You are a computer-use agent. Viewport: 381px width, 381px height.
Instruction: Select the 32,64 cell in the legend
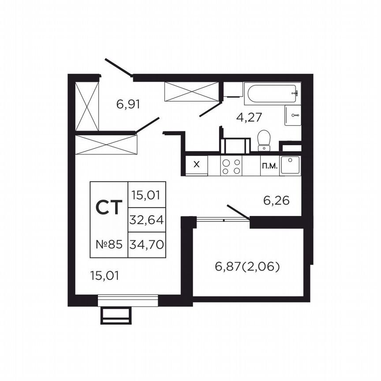pyautogui.click(x=146, y=220)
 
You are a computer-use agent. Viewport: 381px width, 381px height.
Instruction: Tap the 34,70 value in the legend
pyautogui.click(x=146, y=243)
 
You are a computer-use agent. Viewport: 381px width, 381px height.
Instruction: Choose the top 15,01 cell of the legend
pyautogui.click(x=146, y=194)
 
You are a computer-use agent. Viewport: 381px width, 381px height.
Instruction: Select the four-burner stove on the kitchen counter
pyautogui.click(x=232, y=166)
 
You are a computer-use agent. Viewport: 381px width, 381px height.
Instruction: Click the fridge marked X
pyautogui.click(x=197, y=165)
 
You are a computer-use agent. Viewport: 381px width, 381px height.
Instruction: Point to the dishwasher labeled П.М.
pyautogui.click(x=269, y=166)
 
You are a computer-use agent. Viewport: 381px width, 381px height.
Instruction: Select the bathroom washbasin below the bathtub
pyautogui.click(x=293, y=116)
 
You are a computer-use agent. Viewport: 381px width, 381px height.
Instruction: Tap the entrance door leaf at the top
pyautogui.click(x=119, y=67)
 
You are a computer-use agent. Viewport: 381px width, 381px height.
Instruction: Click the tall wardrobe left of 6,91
pyautogui.click(x=87, y=106)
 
